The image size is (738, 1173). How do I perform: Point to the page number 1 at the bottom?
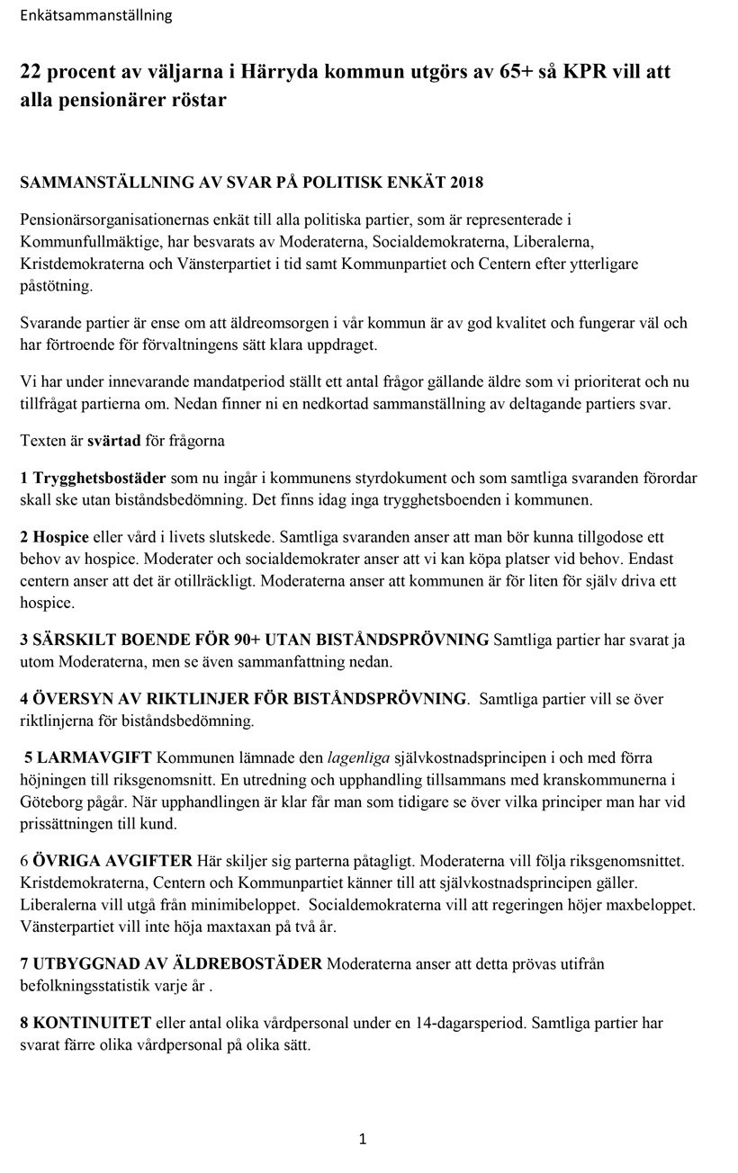pyautogui.click(x=362, y=1140)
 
